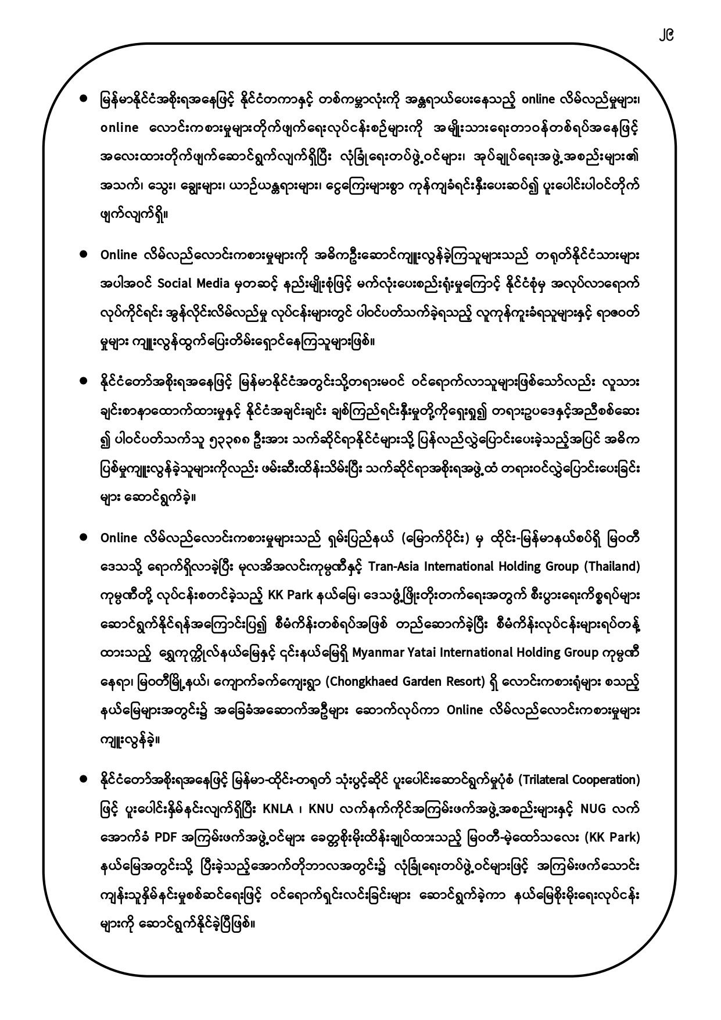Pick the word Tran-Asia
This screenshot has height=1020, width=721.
point(392,566)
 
